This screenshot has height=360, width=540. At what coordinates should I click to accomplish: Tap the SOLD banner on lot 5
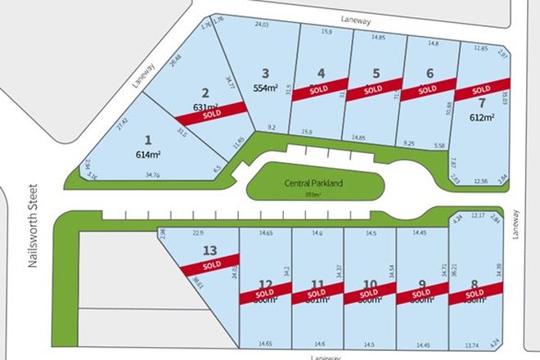(x=373, y=88)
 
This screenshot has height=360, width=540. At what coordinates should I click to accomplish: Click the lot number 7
(x=482, y=103)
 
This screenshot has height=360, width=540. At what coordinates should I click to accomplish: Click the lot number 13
(x=210, y=250)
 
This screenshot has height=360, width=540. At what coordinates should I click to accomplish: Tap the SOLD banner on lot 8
(x=475, y=293)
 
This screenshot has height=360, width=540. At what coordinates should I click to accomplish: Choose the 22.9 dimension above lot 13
(x=198, y=233)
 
